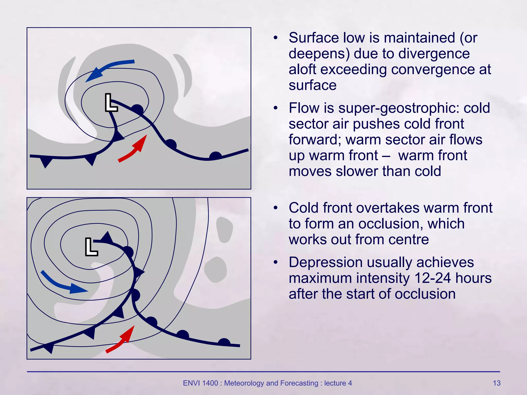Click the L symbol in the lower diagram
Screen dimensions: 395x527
[91, 247]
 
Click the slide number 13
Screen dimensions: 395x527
[496, 383]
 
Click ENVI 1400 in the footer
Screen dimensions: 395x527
[200, 383]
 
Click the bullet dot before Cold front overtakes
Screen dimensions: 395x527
[276, 208]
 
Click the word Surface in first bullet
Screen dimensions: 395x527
[314, 38]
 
